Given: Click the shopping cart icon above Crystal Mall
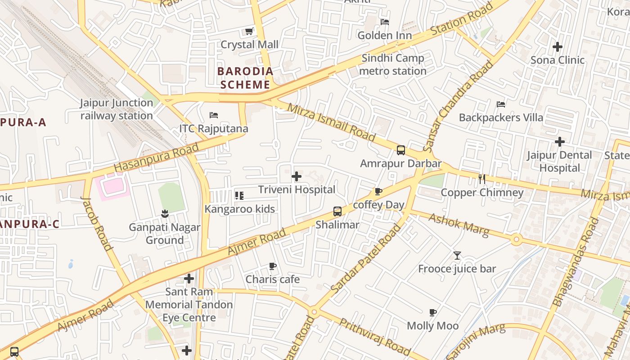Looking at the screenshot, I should tap(248, 31).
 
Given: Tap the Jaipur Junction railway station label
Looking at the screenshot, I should tap(117, 109).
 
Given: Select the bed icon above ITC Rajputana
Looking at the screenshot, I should tap(214, 115).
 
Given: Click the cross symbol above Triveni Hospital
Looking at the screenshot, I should tap(297, 176).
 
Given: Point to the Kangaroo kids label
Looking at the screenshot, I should tap(239, 209).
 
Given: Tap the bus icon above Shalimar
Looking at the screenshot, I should tap(337, 211).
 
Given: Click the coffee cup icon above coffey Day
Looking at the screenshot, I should tap(378, 192).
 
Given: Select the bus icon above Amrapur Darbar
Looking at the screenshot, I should tap(400, 150).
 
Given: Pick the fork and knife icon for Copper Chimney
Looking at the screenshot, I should tap(482, 179).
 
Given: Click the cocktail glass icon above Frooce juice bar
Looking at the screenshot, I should tap(457, 256).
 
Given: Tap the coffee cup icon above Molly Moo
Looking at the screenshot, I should tap(433, 312).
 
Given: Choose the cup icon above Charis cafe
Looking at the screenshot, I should tap(272, 266).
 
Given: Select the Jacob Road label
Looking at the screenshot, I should tap(96, 223).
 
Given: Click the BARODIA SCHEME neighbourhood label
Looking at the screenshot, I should tap(245, 78).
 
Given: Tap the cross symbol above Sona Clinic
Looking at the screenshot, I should tap(558, 46).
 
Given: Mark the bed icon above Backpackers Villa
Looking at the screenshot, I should tap(500, 104).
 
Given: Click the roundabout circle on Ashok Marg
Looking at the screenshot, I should tap(517, 239).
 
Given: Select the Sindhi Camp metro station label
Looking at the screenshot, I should tap(393, 64).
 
